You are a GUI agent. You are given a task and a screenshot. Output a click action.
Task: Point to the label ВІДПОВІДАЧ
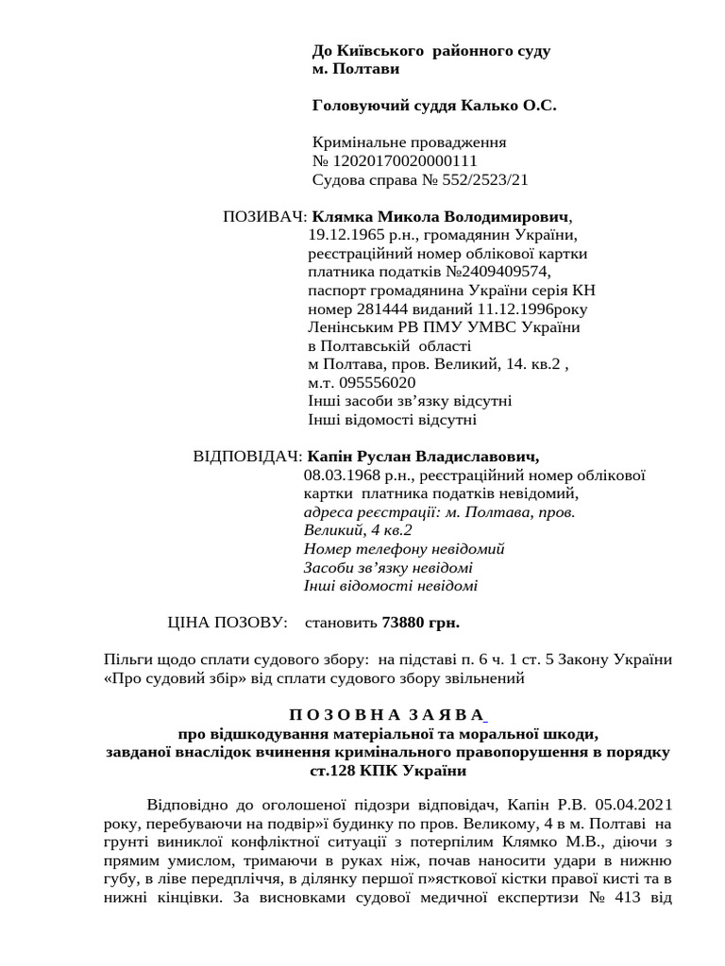click(246, 457)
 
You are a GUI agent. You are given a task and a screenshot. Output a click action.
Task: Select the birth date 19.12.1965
click(345, 235)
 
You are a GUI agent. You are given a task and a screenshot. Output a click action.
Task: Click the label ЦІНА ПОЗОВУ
click(226, 623)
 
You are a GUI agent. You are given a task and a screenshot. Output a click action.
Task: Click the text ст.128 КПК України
click(388, 770)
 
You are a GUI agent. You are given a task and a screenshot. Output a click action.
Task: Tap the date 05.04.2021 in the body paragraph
click(634, 806)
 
